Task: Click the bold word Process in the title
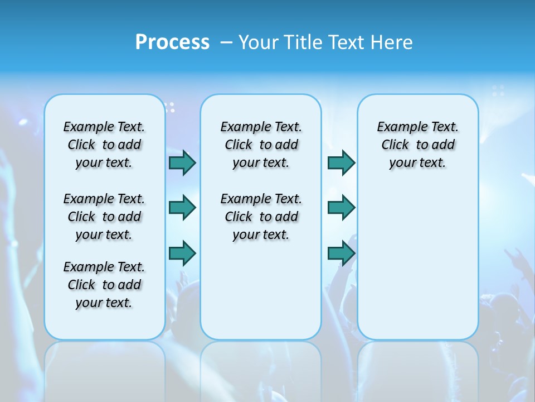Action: [x=172, y=42]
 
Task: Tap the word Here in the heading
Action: [x=392, y=42]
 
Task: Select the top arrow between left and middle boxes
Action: [x=182, y=162]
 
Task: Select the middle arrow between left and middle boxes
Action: [x=182, y=208]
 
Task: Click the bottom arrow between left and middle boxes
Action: [x=182, y=253]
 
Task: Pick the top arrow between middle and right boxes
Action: [x=341, y=162]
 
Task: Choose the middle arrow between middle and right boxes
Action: [x=341, y=208]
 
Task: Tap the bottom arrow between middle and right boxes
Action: [x=341, y=253]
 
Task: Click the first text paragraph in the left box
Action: [x=104, y=145]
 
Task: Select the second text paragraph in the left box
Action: [x=104, y=217]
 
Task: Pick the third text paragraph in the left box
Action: [x=104, y=285]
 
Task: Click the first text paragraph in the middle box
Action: [x=261, y=145]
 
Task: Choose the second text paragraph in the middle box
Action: [x=261, y=217]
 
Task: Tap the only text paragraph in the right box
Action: [x=417, y=145]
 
